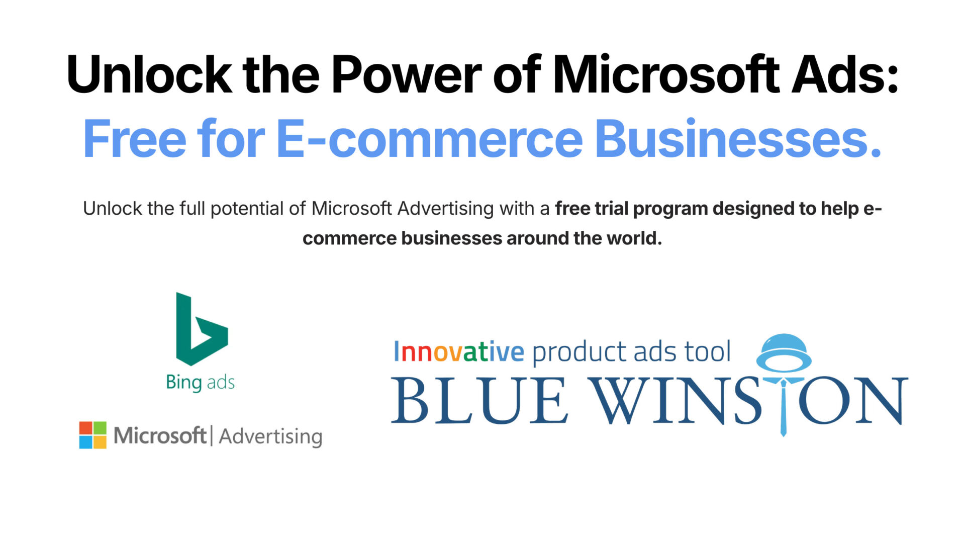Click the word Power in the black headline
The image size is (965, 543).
pos(406,75)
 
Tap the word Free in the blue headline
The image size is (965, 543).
pos(134,138)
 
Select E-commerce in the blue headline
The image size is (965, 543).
pos(430,138)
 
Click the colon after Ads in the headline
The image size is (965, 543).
pos(893,80)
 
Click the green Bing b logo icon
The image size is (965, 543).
pos(202,329)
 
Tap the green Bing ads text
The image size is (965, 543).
pos(200,383)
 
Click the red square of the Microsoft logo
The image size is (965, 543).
pos(86,428)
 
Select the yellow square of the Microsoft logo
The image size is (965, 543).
pos(100,442)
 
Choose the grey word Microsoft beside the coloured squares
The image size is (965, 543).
pos(160,435)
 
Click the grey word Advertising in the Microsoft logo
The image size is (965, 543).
pos(270,436)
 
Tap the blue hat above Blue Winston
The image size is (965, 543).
pos(784,351)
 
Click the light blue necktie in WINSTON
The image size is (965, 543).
pos(783,407)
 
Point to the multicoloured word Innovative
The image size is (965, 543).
pos(459,351)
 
